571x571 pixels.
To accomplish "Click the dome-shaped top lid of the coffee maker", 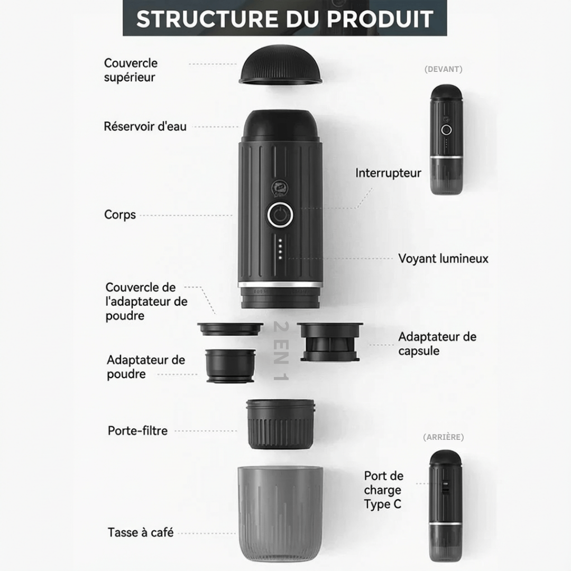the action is click(x=280, y=65).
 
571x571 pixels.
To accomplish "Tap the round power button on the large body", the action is click(x=280, y=215).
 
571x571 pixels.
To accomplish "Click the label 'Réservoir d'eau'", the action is click(x=145, y=126).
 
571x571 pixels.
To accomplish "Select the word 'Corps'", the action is click(x=120, y=215).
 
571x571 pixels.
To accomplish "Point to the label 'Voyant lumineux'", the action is click(x=443, y=259).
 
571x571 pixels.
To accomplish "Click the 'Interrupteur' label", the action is click(x=388, y=172).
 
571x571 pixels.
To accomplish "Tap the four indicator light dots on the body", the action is click(x=280, y=249).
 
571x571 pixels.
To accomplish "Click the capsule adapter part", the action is click(x=330, y=342).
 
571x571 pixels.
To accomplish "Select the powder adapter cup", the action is click(x=230, y=366).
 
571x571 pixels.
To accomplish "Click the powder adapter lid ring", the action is click(x=230, y=329).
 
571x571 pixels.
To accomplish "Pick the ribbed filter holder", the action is click(x=280, y=424).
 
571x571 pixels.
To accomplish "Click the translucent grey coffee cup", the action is click(x=280, y=513).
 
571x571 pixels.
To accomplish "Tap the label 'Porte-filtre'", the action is click(x=137, y=431).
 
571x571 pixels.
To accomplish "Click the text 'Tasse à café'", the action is click(x=141, y=532).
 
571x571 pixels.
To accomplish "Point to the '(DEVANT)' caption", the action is click(x=443, y=69).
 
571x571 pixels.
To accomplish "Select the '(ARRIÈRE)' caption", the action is click(x=443, y=437).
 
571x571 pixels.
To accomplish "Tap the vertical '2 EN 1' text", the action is click(x=281, y=351).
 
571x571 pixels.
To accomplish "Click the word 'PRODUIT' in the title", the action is click(x=380, y=19).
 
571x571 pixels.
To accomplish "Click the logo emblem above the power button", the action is click(x=279, y=189).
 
